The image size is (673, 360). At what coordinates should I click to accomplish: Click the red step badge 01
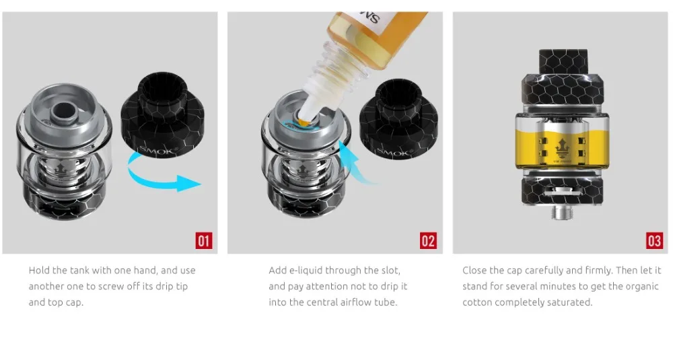(204, 241)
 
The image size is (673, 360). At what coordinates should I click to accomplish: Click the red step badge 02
(428, 241)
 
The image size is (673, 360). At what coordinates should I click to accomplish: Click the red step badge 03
(654, 241)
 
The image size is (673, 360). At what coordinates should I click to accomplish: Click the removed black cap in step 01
(163, 115)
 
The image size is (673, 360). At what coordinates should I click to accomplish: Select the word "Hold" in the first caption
(39, 271)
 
